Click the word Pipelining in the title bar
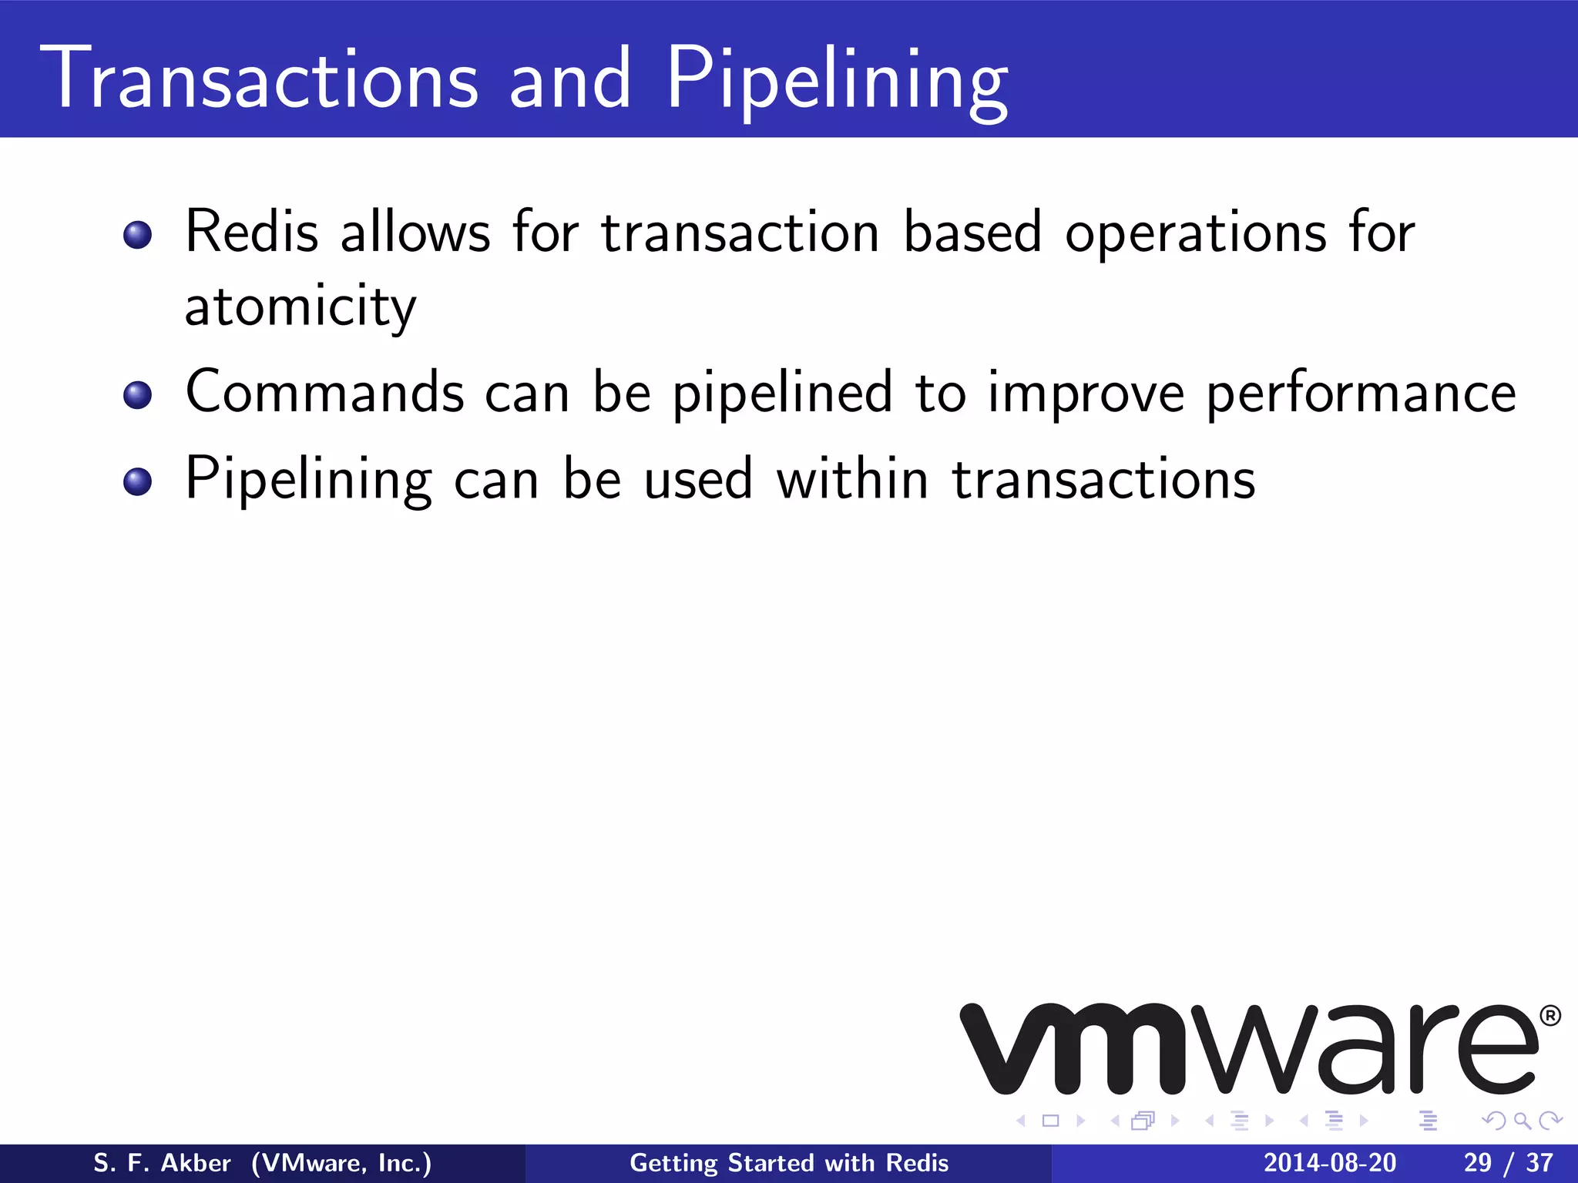[x=836, y=81]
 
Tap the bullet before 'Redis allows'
[x=138, y=235]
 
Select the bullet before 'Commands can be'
[x=138, y=395]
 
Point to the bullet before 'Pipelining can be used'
[x=138, y=481]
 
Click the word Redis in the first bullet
[x=251, y=232]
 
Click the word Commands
[x=324, y=393]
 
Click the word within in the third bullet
[x=852, y=480]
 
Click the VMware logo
[x=1248, y=1049]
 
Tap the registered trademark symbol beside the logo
[x=1550, y=1016]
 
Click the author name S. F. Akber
[x=162, y=1163]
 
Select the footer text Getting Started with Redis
[x=789, y=1163]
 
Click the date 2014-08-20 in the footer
[x=1329, y=1163]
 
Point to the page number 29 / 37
[x=1508, y=1163]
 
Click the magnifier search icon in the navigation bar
[x=1522, y=1121]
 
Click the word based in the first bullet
[x=972, y=232]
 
